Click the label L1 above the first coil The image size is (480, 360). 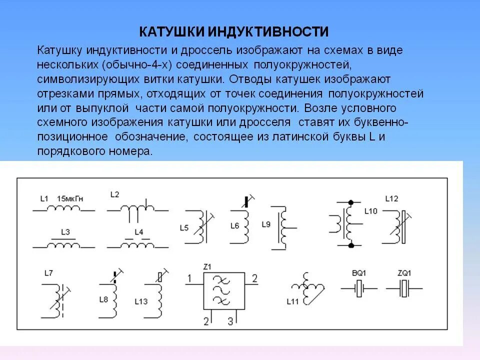[44, 198]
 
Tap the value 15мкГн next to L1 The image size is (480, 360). [70, 198]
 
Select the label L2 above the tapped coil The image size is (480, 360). [115, 194]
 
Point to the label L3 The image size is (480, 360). [65, 232]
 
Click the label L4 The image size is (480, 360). [138, 232]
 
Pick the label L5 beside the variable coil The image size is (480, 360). [184, 228]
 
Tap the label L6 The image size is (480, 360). [234, 226]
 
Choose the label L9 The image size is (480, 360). [265, 224]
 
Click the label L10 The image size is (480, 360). [371, 211]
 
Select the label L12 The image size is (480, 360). [391, 198]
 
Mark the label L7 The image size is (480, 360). [48, 272]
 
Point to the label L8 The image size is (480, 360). [103, 299]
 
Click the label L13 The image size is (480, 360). [141, 301]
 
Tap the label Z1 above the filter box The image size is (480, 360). [207, 265]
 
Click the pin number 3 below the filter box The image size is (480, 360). [230, 320]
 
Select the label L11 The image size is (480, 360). [292, 301]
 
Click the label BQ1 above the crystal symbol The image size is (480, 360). [358, 273]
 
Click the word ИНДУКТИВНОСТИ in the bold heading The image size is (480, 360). [267, 32]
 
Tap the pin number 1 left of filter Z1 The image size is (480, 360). [189, 277]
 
